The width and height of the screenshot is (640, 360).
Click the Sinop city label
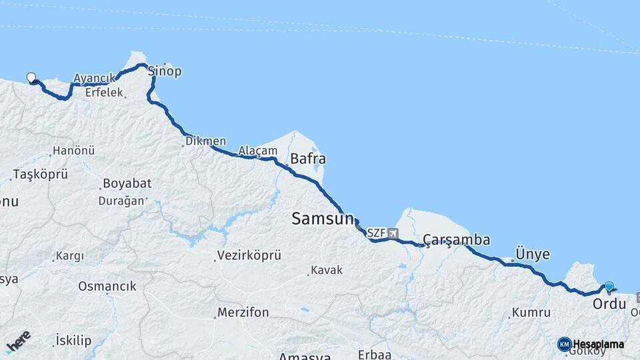(x=164, y=71)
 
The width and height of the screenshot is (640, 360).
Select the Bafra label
(x=308, y=159)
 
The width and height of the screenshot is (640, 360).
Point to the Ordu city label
(x=609, y=304)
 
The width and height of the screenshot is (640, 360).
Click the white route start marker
(x=31, y=77)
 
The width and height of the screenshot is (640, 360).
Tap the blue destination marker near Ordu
(x=609, y=287)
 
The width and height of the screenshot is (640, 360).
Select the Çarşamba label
(x=457, y=240)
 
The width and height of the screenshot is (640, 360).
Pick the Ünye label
(x=533, y=254)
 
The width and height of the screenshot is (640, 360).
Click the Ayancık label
(x=90, y=79)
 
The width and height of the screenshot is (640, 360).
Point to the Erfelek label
(x=104, y=93)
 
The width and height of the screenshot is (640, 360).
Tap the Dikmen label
(x=206, y=141)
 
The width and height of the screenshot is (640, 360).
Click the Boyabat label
(x=127, y=183)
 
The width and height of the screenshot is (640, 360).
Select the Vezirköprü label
(x=249, y=255)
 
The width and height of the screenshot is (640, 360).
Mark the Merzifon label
(x=243, y=313)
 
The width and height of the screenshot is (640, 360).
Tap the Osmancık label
(x=107, y=286)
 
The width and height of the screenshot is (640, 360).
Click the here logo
(x=18, y=341)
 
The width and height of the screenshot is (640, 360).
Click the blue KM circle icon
(x=564, y=344)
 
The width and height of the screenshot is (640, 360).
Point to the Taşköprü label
(x=41, y=175)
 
